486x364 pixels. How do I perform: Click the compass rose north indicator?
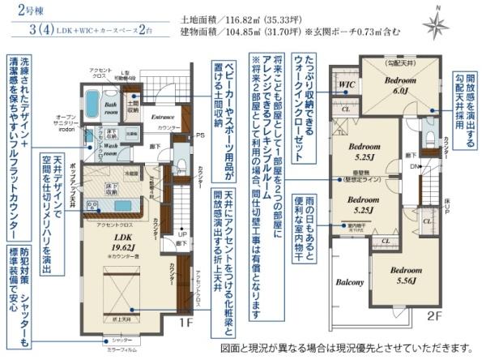[435, 24]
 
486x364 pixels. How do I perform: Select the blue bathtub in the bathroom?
[92, 103]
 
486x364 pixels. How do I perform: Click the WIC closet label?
[346, 84]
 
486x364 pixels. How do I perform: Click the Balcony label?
[350, 283]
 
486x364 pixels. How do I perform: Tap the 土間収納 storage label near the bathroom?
[135, 105]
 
